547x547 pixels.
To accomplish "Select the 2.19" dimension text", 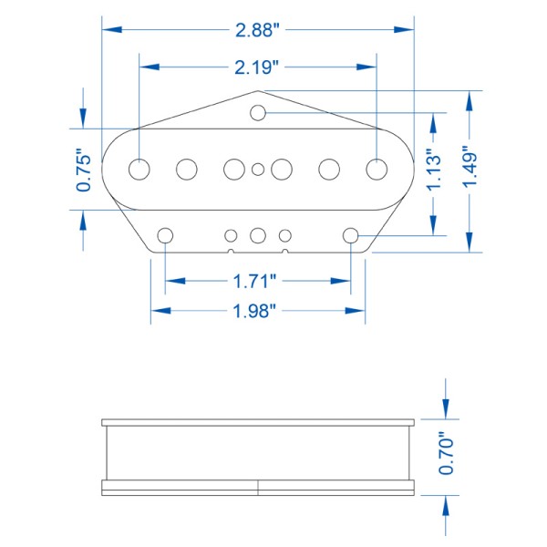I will (256, 67).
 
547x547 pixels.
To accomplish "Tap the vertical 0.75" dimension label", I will (84, 170).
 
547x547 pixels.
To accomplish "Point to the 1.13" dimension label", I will (434, 170).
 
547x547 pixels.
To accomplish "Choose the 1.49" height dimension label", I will (470, 169).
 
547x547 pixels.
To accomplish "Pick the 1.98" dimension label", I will (256, 311).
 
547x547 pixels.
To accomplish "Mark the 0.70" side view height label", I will (446, 453).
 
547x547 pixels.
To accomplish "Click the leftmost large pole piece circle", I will (139, 169).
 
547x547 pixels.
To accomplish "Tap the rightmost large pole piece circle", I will (377, 169).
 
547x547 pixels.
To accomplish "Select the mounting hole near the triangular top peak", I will (259, 112).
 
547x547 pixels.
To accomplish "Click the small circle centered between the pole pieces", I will (259, 169).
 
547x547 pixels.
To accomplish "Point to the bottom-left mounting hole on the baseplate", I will (165, 235).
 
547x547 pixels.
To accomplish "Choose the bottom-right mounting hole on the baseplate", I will (351, 235).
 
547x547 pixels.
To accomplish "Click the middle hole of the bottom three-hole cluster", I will (258, 235).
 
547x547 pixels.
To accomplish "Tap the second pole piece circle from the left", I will (187, 169).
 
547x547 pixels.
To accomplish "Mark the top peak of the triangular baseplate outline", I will (259, 91).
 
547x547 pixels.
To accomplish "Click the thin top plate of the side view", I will (259, 423).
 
